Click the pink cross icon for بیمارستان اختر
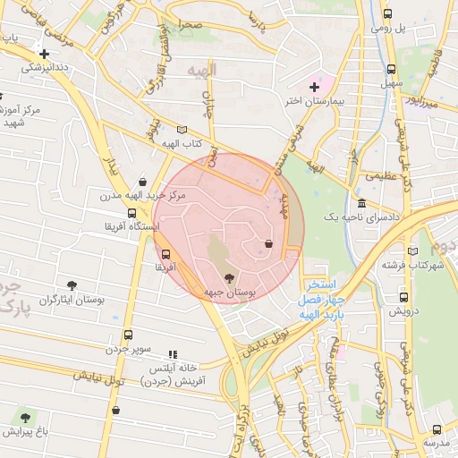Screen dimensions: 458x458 click(313, 87)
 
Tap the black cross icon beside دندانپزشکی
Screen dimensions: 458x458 click(44, 54)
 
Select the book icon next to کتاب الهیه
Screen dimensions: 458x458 click(182, 130)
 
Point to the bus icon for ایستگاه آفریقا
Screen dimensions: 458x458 click(132, 213)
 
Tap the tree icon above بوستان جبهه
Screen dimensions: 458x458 click(229, 278)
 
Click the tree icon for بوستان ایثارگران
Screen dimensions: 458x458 click(72, 284)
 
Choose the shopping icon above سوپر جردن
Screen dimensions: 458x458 click(129, 334)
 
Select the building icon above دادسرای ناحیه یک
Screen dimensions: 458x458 click(360, 203)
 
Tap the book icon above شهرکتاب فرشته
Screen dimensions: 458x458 click(412, 251)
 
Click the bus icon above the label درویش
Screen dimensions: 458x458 click(403, 297)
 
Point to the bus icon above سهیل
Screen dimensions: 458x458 click(391, 69)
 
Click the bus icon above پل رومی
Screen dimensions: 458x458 click(387, 14)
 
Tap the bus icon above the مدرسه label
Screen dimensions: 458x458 click(437, 429)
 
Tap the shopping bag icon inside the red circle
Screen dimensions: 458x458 click(268, 243)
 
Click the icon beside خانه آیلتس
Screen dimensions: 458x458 click(173, 355)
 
